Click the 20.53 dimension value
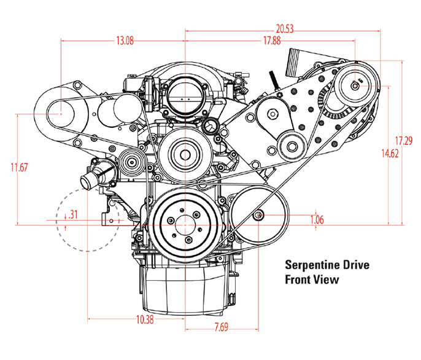(285, 29)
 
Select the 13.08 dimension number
(125, 41)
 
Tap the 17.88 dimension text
(272, 41)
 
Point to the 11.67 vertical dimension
(19, 167)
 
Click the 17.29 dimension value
(404, 141)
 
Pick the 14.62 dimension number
(390, 154)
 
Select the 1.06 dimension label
(317, 220)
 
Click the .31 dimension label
(73, 214)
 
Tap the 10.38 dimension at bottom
(145, 319)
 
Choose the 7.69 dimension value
(221, 327)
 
